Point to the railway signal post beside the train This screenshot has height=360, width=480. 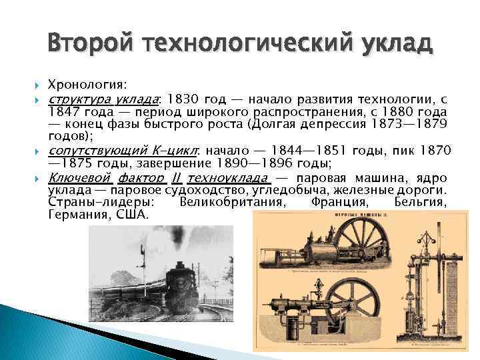[142, 267]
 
